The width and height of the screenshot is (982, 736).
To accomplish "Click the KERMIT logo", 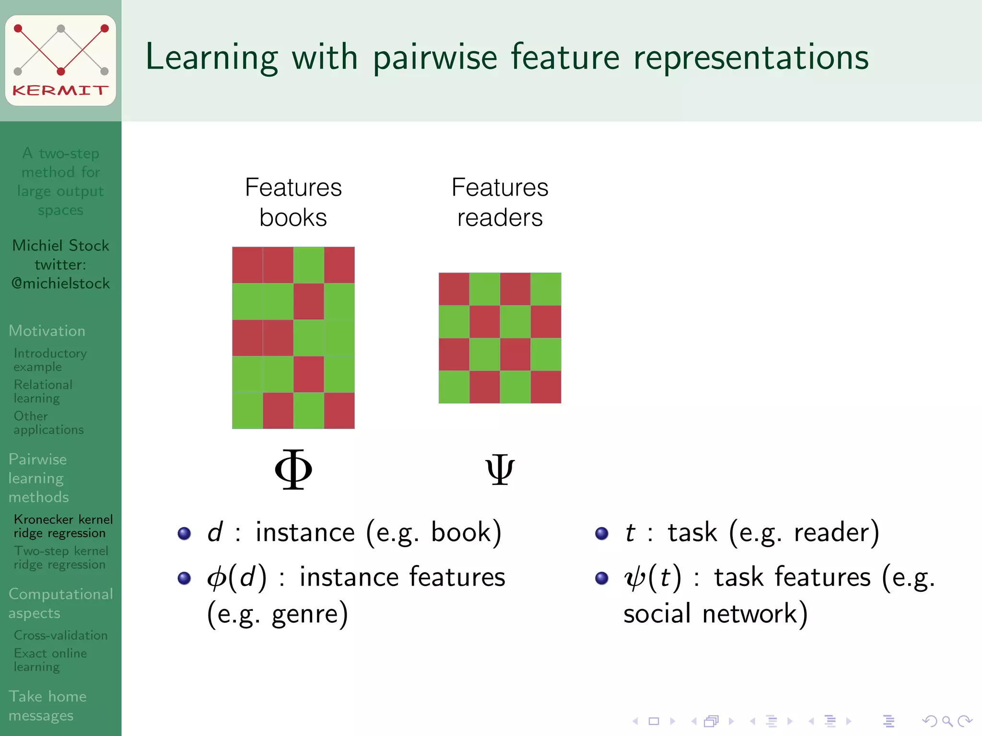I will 60,60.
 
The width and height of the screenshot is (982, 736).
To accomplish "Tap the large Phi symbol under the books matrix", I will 293,469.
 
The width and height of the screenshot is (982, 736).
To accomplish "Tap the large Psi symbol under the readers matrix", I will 500,470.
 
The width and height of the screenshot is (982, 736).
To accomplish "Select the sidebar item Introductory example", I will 49,360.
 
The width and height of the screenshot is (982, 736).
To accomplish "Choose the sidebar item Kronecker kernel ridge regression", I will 63,526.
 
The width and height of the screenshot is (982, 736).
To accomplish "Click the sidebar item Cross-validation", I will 60,635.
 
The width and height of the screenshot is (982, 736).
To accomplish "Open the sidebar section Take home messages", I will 47,705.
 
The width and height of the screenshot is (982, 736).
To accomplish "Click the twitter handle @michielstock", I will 60,284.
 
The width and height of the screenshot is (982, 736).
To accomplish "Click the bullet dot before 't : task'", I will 602,533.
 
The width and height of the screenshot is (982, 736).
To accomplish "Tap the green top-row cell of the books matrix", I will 308,265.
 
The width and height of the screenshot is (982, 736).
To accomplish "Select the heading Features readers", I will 500,202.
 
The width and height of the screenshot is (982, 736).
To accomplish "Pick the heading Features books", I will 293,202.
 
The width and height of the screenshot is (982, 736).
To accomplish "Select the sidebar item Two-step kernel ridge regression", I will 60,558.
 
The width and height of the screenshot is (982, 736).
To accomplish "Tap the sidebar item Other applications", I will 48,423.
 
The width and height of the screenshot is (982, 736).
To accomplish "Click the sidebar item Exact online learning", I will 50,660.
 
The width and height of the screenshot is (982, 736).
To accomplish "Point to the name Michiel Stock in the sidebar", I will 60,245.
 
